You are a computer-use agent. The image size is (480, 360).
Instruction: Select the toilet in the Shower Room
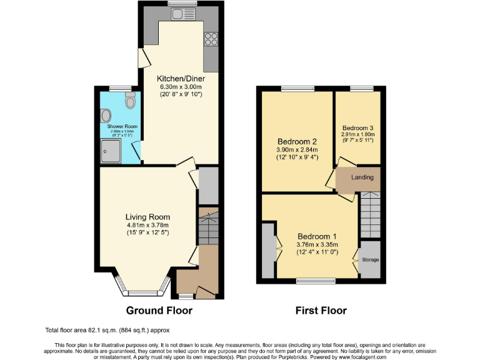pyautogui.click(x=130, y=100)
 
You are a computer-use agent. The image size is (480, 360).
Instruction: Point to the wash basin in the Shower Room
pyautogui.click(x=106, y=116)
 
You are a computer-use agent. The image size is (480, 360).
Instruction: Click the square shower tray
pyautogui.click(x=110, y=149)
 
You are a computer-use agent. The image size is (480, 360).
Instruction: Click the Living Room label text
pyautogui.click(x=147, y=217)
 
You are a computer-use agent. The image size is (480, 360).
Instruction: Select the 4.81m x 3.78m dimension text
pyautogui.click(x=147, y=225)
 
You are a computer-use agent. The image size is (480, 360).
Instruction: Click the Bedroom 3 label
pyautogui.click(x=357, y=126)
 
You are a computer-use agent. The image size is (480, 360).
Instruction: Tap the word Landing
pyautogui.click(x=362, y=177)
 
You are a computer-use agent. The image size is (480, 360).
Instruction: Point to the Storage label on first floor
pyautogui.click(x=370, y=259)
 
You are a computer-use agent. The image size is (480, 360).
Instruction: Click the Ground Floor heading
pyautogui.click(x=159, y=311)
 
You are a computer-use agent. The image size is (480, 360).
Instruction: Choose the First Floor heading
pyautogui.click(x=321, y=311)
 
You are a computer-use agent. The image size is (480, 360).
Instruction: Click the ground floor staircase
pyautogui.click(x=207, y=226)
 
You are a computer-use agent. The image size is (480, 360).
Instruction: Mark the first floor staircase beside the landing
pyautogui.click(x=369, y=214)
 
